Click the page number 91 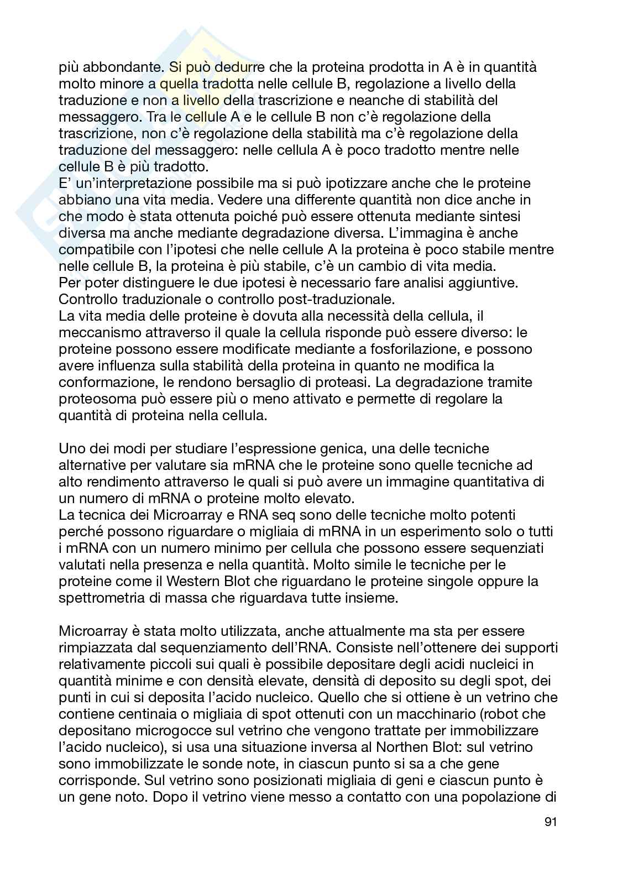coord(550,822)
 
